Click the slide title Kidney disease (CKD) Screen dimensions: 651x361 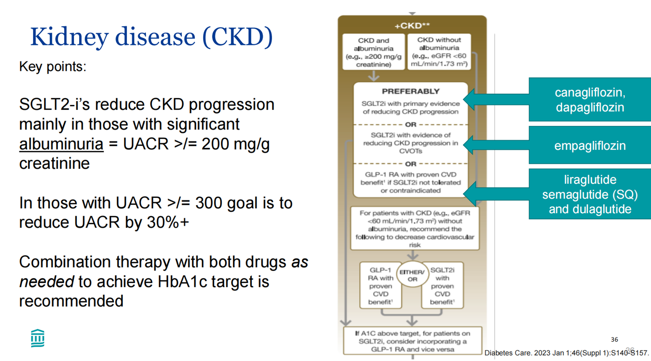(151, 37)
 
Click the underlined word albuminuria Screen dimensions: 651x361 (61, 144)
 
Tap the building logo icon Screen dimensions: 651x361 (38, 338)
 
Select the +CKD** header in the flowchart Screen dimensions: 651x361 (412, 26)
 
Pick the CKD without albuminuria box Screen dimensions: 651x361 (439, 52)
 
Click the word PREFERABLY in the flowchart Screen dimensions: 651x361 (410, 91)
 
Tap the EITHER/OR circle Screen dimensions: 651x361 (412, 275)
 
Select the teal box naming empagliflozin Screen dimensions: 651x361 (590, 145)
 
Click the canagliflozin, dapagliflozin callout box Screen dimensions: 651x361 (590, 100)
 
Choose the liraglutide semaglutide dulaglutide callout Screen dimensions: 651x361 (590, 194)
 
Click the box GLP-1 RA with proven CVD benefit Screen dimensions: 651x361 (381, 286)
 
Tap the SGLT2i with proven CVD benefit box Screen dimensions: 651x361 (442, 286)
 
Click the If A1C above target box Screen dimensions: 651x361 (412, 341)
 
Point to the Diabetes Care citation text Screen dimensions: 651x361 (566, 353)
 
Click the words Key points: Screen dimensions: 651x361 (53, 67)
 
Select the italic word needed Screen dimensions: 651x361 (47, 282)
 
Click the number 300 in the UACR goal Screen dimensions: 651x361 (208, 203)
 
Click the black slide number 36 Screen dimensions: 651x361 (615, 340)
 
